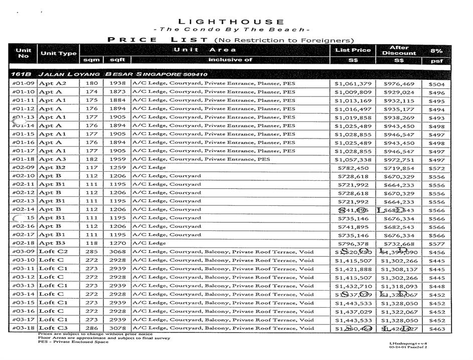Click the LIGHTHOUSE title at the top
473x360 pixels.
click(231, 22)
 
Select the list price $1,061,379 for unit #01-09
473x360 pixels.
click(353, 84)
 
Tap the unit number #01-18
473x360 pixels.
click(23, 159)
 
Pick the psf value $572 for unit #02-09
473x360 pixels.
click(436, 168)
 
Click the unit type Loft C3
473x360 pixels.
click(53, 328)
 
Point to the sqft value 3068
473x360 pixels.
click(117, 252)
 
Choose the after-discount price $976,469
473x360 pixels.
click(399, 84)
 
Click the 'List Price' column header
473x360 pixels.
click(353, 50)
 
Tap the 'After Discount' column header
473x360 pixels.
click(399, 50)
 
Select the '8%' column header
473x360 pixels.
click(436, 51)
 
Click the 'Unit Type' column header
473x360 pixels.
click(59, 53)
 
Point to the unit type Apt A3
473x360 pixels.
click(52, 159)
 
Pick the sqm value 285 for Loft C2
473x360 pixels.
click(91, 252)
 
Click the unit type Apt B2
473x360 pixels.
click(52, 168)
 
